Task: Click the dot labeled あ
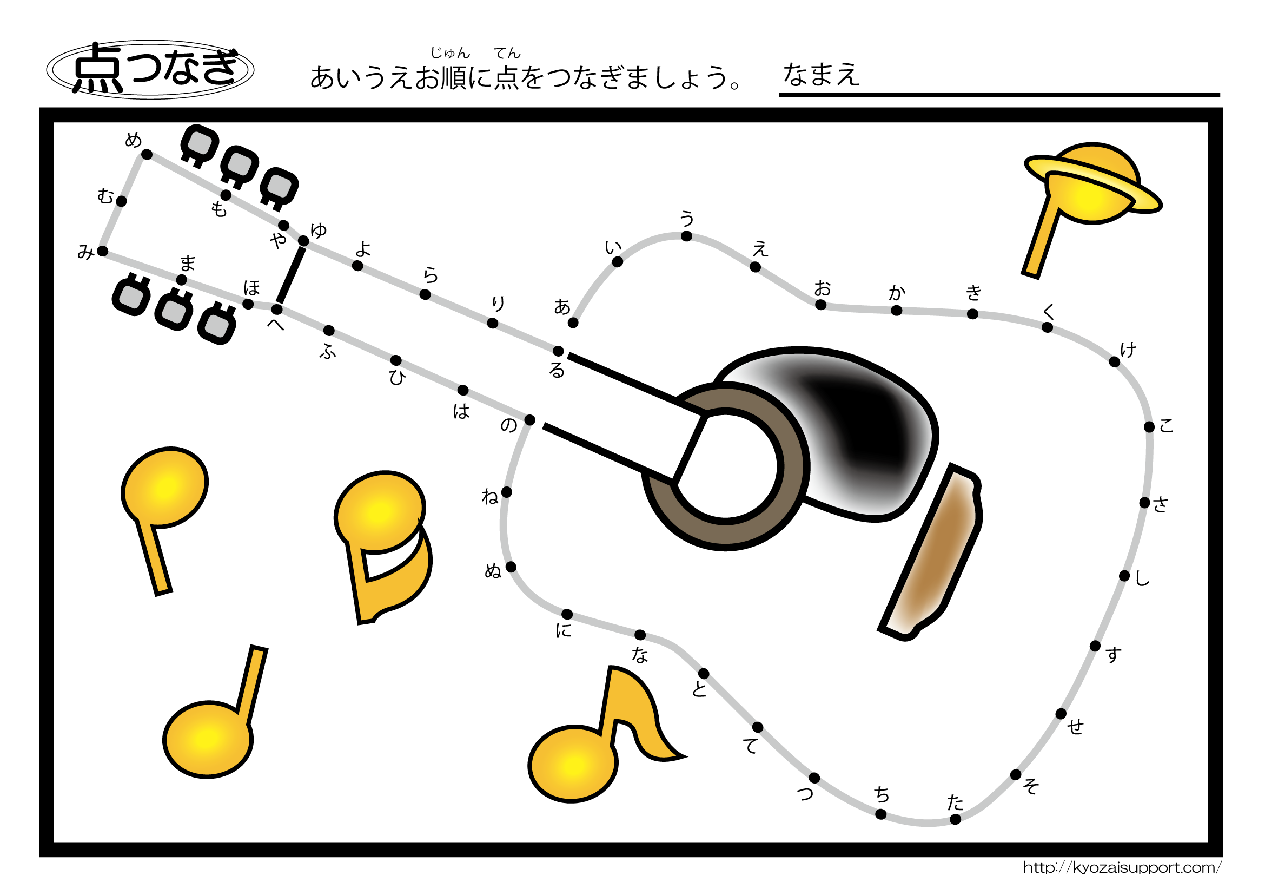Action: [x=573, y=323]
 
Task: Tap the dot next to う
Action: [x=686, y=236]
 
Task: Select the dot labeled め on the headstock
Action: [x=147, y=154]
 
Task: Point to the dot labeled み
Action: [x=102, y=251]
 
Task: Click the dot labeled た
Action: [x=955, y=819]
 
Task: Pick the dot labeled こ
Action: [x=1149, y=427]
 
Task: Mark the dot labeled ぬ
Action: [x=511, y=567]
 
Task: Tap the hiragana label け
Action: [x=1128, y=350]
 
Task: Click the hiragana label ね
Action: [x=490, y=497]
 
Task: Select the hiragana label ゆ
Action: [x=319, y=230]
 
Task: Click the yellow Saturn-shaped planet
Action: [x=1092, y=184]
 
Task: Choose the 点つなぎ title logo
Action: [x=150, y=69]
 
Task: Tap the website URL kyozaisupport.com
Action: [x=1122, y=868]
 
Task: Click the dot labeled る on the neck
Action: [x=558, y=351]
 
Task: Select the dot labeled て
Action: [x=758, y=727]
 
